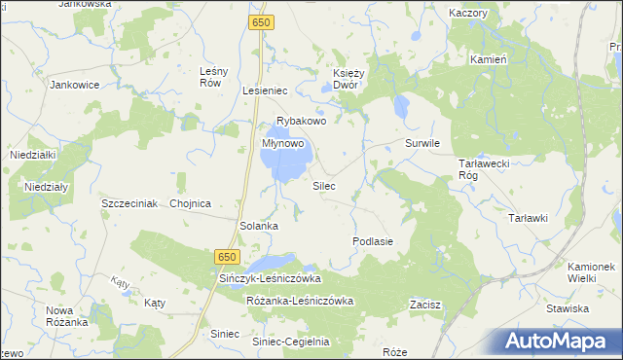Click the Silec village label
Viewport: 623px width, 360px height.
(x=324, y=185)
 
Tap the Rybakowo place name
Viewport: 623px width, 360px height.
(x=300, y=122)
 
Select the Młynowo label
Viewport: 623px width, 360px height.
(x=284, y=142)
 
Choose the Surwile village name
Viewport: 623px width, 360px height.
(x=422, y=143)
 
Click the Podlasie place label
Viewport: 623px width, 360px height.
(x=373, y=240)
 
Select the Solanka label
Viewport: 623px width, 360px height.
(x=260, y=226)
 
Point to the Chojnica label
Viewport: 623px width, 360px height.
(x=190, y=204)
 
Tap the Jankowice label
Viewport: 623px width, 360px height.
(x=75, y=85)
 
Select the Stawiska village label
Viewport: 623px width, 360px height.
(x=568, y=308)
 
